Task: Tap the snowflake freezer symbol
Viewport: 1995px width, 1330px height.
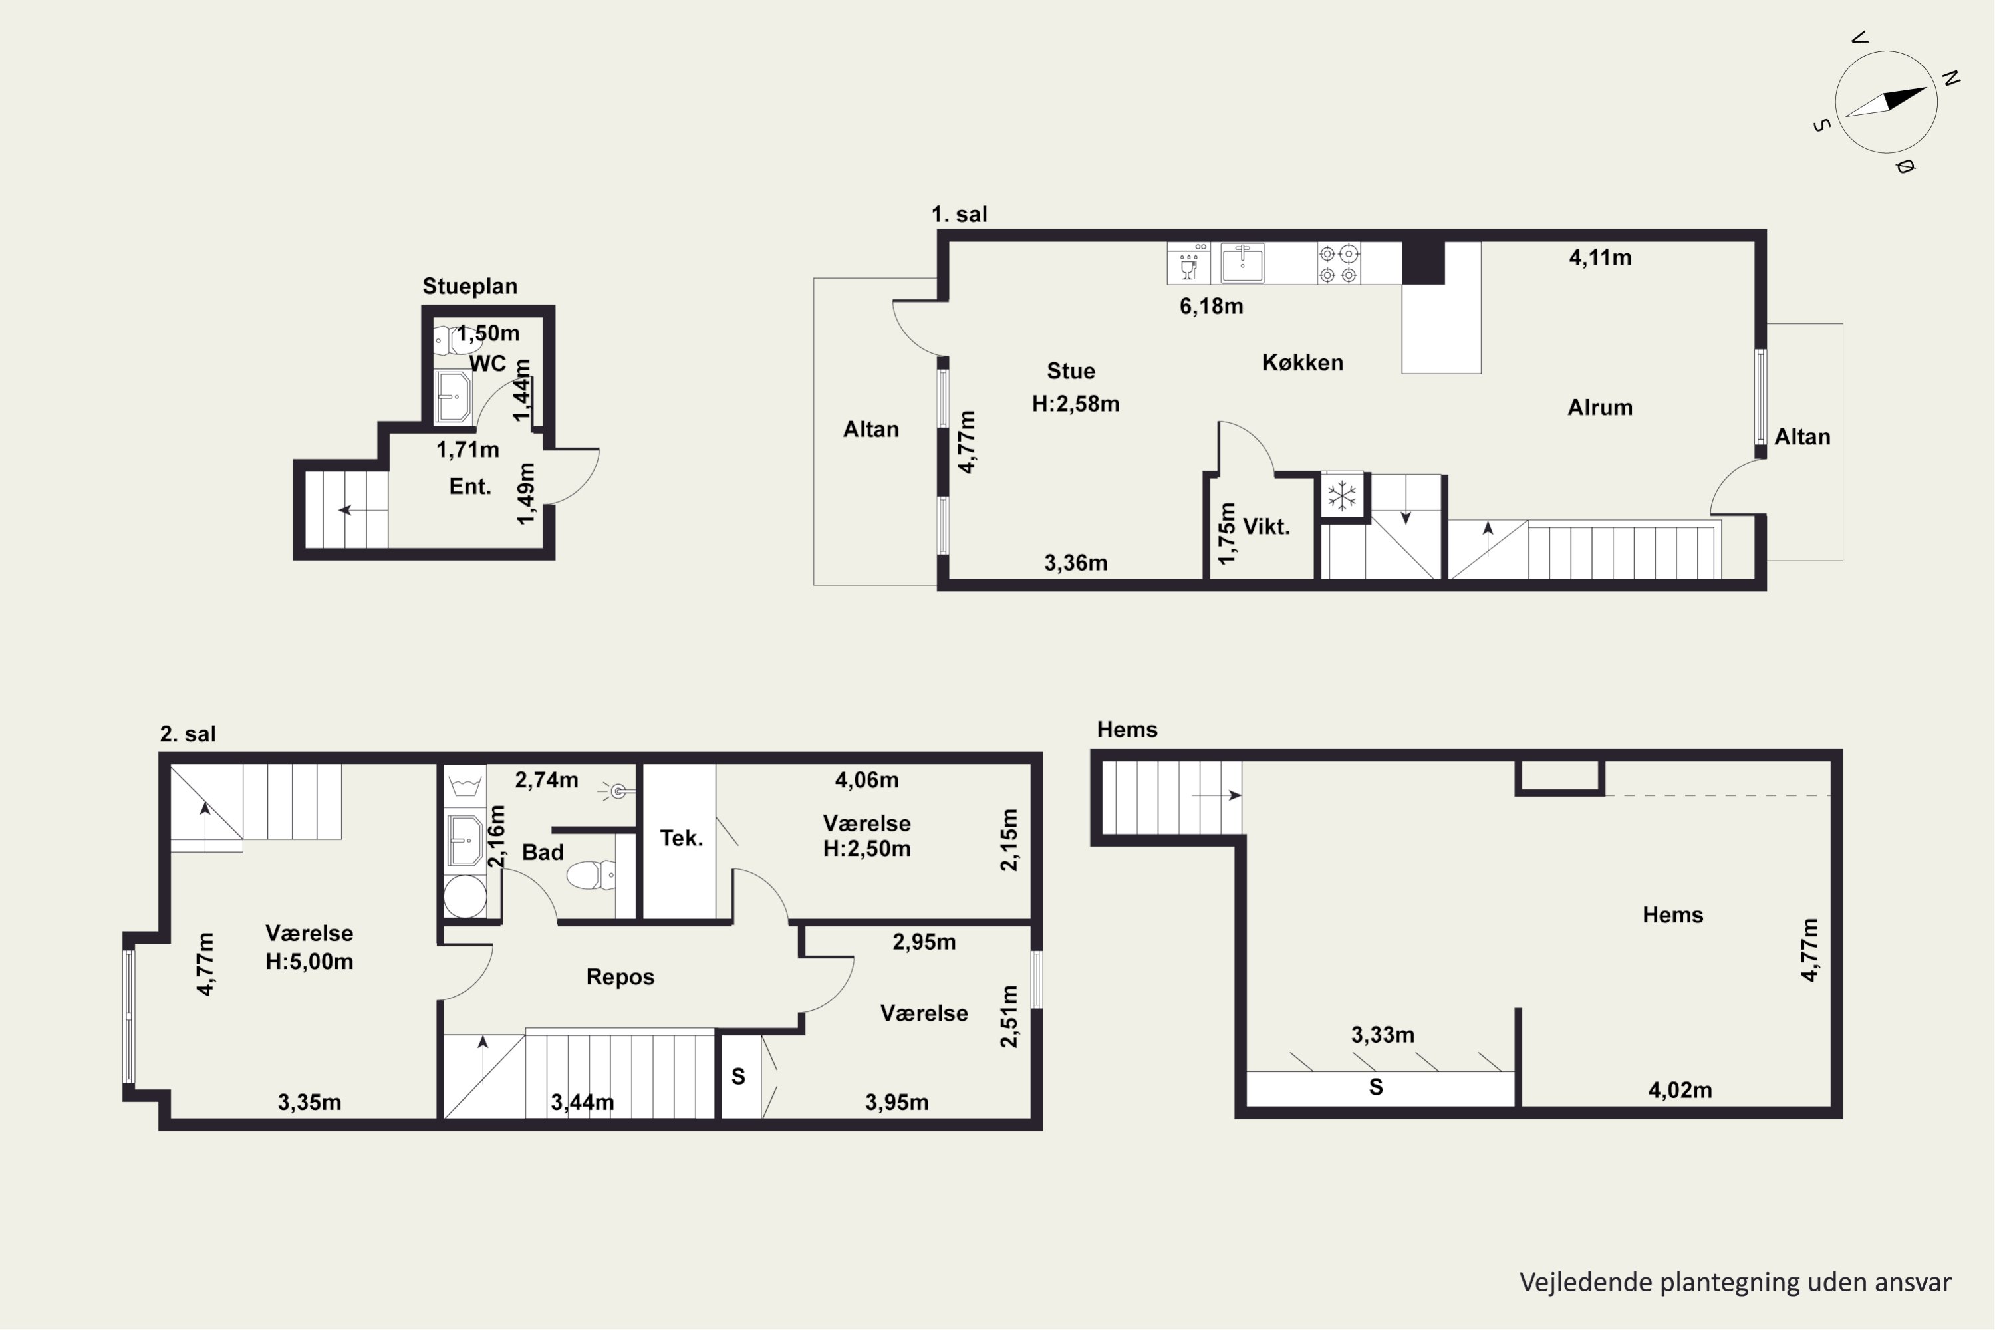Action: pos(1342,495)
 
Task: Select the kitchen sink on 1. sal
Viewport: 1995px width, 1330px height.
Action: pos(1242,262)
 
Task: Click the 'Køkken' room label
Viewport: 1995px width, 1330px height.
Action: pos(1302,363)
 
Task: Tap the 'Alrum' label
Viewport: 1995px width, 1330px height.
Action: pos(1600,407)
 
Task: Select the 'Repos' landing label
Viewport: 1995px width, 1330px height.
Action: pos(620,976)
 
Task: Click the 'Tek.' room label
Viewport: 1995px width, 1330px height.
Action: pos(681,838)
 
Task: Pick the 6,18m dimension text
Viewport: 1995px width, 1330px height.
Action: pos(1211,306)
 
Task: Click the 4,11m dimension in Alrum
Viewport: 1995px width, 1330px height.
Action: pos(1600,257)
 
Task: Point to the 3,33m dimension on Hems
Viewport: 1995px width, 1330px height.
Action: pos(1383,1035)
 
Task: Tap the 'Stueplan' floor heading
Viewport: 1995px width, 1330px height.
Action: pos(470,287)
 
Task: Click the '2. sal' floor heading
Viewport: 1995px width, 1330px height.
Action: pos(188,733)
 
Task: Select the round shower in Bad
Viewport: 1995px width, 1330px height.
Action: pos(465,896)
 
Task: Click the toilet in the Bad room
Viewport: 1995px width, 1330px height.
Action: pos(591,874)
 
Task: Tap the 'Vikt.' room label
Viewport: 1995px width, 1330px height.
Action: pos(1266,527)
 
